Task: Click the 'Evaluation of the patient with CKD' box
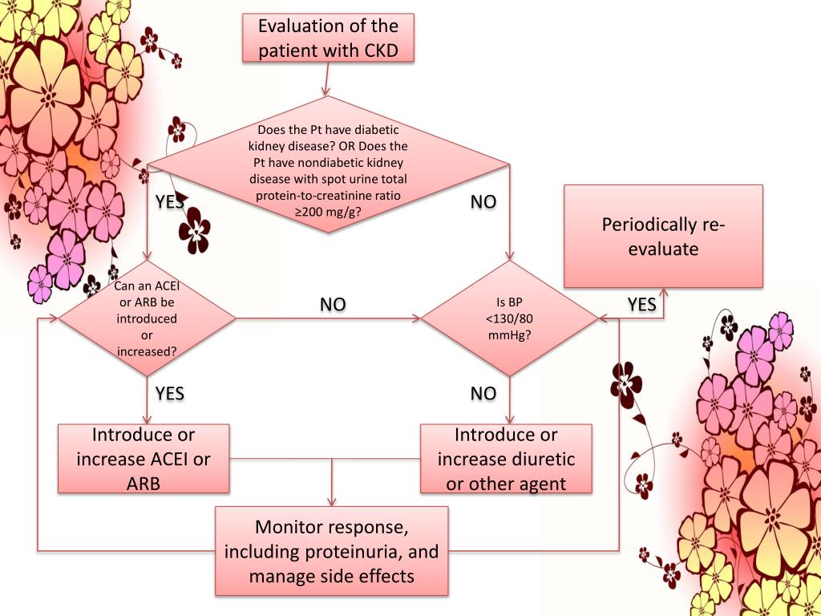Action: [x=328, y=38]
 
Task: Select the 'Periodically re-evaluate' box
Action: [x=663, y=237]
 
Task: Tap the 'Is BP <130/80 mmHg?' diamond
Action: [x=509, y=318]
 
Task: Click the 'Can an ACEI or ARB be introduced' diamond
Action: [x=148, y=318]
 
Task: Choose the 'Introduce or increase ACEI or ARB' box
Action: [x=144, y=458]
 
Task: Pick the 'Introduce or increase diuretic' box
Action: [x=507, y=458]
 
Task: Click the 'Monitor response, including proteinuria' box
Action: [x=332, y=551]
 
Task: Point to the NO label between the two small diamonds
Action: [x=333, y=304]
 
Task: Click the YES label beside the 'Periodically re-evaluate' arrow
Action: [x=641, y=304]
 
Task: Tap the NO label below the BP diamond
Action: [x=483, y=393]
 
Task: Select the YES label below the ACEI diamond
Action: [x=170, y=393]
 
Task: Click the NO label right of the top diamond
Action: [x=483, y=201]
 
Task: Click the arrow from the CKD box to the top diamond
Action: [x=328, y=79]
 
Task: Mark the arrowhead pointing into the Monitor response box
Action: [x=332, y=501]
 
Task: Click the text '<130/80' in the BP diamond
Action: [x=509, y=318]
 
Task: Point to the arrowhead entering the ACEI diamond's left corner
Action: [x=54, y=318]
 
